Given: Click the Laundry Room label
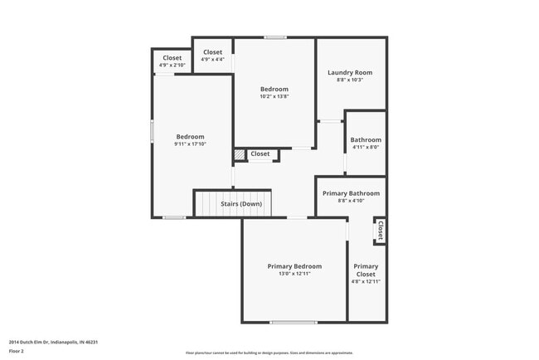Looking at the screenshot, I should [349, 72].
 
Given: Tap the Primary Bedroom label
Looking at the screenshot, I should [294, 266].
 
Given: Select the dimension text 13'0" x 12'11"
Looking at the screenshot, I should [294, 274].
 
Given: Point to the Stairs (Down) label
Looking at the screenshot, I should [241, 203].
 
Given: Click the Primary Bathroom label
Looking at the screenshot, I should [351, 192].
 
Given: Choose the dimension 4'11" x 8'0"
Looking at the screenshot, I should [366, 148].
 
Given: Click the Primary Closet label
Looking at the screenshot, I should [366, 270].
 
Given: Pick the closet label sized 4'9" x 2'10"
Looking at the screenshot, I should [172, 58].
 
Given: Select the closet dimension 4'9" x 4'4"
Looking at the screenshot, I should [212, 52].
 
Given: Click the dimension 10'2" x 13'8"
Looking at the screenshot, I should [274, 96].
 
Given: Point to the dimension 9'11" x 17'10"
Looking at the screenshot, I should [190, 144].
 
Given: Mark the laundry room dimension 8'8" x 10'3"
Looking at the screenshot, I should [349, 80].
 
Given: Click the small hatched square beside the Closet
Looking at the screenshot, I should [239, 154].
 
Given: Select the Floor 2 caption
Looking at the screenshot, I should [17, 351].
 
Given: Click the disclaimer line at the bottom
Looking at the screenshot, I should [269, 352].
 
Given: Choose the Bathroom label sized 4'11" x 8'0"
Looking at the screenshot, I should [366, 140].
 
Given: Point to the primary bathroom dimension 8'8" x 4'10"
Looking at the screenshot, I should [351, 200].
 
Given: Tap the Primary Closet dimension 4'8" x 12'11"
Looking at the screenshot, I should [366, 281].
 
